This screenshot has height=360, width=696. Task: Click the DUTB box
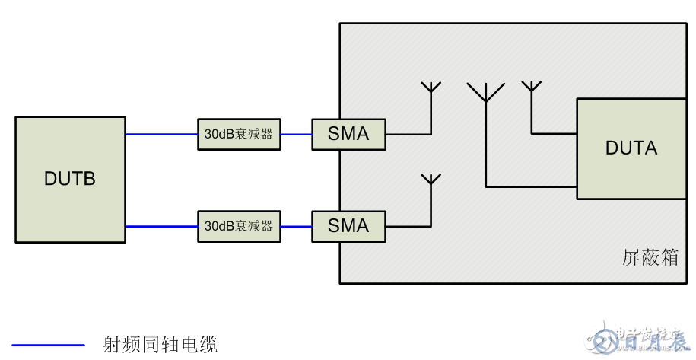click(x=70, y=180)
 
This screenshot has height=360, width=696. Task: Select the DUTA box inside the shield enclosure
click(x=630, y=148)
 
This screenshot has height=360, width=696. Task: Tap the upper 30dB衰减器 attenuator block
click(x=239, y=134)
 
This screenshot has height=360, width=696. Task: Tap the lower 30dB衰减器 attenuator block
click(x=239, y=226)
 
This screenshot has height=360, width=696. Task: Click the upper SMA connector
click(x=348, y=134)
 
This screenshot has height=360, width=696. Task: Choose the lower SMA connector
click(x=348, y=226)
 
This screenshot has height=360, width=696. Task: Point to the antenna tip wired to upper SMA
click(x=431, y=87)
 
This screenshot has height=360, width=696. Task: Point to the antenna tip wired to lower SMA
click(x=431, y=180)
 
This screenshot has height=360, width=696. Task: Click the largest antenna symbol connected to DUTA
click(x=485, y=94)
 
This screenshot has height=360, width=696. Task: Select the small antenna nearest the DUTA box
click(x=531, y=86)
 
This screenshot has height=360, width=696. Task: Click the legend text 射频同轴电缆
click(x=160, y=345)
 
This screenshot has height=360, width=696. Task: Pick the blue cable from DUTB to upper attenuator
click(x=161, y=134)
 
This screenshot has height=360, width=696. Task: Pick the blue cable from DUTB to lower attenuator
click(x=161, y=226)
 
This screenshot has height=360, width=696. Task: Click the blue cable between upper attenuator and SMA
click(x=296, y=134)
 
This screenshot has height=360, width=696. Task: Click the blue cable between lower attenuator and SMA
click(x=296, y=226)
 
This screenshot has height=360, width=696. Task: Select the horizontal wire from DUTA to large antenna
click(x=531, y=186)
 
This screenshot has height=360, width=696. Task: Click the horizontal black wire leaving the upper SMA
click(x=408, y=134)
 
